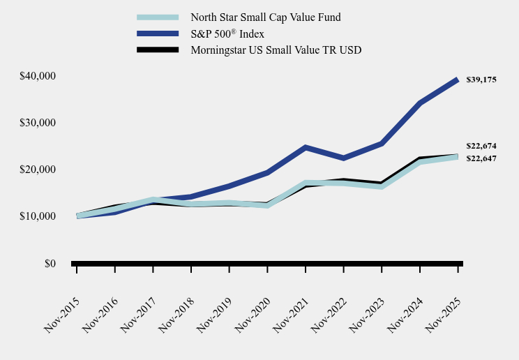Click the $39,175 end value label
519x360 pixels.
click(x=481, y=80)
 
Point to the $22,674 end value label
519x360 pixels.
click(x=481, y=146)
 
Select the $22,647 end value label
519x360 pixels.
click(x=481, y=158)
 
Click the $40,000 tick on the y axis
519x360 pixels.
click(x=39, y=75)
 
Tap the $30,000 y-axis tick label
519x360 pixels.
click(x=39, y=123)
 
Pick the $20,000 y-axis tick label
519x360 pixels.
click(x=39, y=170)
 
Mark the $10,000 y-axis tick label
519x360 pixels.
click(x=39, y=216)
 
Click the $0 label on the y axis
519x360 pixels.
click(x=50, y=264)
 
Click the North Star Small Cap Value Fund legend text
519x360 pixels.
click(x=266, y=17)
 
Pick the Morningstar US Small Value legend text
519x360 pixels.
click(x=276, y=50)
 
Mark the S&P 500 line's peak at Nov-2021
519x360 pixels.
click(x=306, y=147)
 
